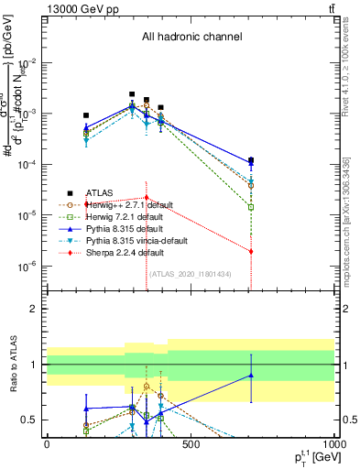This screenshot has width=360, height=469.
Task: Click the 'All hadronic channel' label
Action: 191,38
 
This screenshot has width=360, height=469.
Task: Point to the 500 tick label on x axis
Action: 191,444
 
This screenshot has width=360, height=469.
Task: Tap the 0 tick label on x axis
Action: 47,444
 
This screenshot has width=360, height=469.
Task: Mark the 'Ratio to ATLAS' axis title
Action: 12,364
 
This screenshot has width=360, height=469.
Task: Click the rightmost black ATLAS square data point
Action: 251,160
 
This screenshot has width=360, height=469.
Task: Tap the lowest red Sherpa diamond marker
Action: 251,251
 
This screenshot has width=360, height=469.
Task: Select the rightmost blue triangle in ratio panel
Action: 251,375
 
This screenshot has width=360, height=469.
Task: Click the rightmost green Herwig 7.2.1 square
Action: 251,207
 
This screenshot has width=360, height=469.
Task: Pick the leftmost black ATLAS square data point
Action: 86,115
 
